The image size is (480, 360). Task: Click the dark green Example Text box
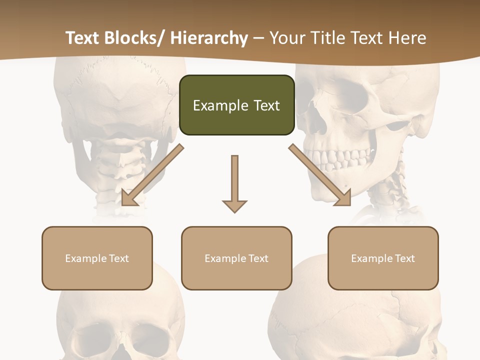coord(236,105)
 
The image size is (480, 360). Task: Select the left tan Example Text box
coord(97,258)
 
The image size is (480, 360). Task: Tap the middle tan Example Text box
coord(236,258)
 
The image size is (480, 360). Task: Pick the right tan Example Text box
coord(383,258)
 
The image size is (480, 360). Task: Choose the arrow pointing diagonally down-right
coord(320,175)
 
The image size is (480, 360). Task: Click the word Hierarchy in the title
coord(209,38)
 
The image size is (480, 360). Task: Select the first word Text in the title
coord(82,38)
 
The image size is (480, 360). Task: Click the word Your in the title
coord(286,38)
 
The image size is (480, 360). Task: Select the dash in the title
coord(258,38)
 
